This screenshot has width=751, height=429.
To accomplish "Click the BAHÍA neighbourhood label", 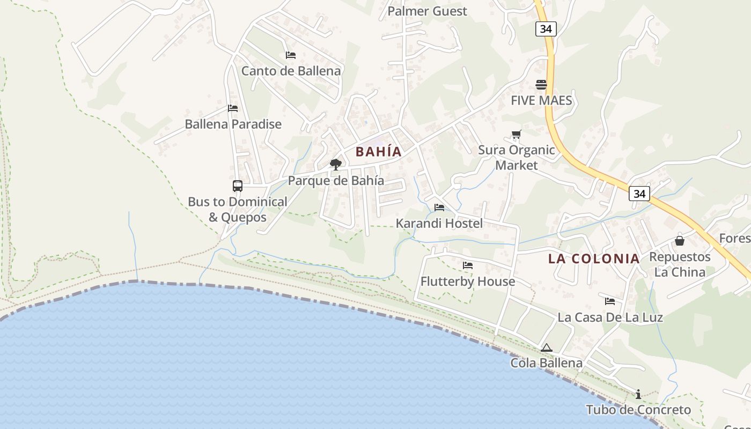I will (x=378, y=152).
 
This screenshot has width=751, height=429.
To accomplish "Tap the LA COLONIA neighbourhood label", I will (x=594, y=258).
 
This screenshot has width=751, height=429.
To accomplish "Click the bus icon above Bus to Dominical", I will (x=238, y=186).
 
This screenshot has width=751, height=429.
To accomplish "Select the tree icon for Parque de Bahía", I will (x=336, y=165).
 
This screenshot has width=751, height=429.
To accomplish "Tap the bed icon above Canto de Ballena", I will (x=291, y=55).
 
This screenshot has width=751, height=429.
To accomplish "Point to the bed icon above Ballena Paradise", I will (x=233, y=108).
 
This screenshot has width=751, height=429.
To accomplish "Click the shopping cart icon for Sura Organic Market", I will (x=516, y=135).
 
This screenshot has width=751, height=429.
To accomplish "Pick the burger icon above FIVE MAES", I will (x=541, y=85).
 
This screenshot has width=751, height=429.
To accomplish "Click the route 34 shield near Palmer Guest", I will (x=546, y=29).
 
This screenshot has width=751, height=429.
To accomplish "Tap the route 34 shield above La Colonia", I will (x=639, y=194).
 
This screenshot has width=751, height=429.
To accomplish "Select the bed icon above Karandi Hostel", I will (x=439, y=208).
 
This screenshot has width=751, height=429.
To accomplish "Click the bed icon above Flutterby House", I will (x=468, y=265).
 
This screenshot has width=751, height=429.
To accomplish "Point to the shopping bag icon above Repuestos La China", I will (x=680, y=241).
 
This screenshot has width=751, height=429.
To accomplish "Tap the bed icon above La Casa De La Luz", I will (x=610, y=301).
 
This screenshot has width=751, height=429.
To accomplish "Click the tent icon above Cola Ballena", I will (x=546, y=347).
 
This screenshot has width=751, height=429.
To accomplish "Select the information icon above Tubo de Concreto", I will (x=638, y=394).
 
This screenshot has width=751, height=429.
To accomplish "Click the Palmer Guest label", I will (x=427, y=11).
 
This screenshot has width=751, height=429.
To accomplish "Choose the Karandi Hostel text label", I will (x=439, y=224).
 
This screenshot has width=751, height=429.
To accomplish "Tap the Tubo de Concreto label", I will (x=638, y=410).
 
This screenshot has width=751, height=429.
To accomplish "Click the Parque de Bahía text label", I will (x=336, y=181).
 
